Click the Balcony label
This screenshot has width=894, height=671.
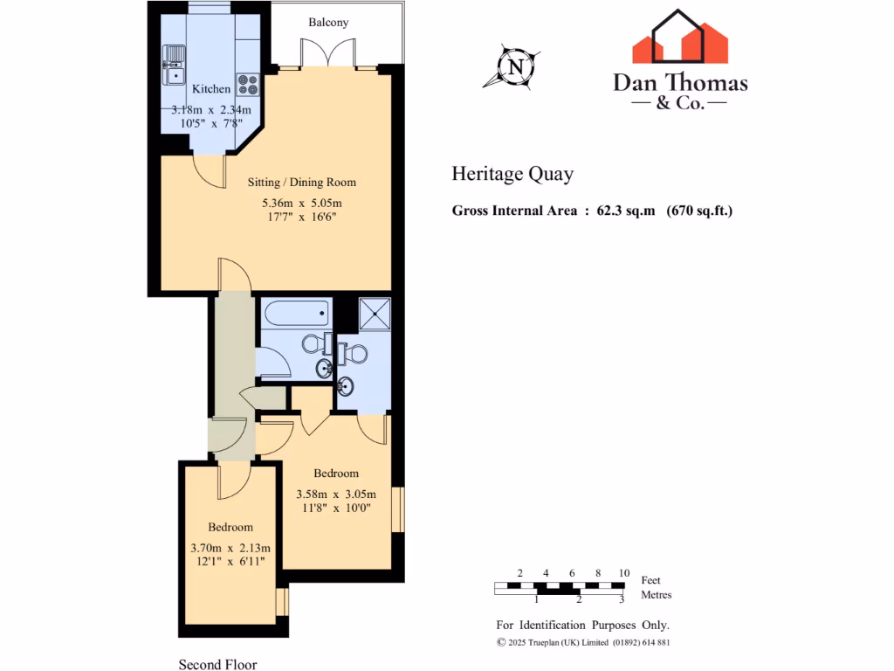[x=328, y=22]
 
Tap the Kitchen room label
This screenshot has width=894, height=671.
[x=211, y=88]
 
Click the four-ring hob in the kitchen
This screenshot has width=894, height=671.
[x=247, y=84]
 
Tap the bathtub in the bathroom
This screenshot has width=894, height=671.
[x=295, y=312]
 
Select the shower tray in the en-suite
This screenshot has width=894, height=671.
[x=375, y=312]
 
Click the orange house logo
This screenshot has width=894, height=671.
[x=680, y=38]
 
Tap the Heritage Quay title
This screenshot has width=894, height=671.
[x=512, y=174]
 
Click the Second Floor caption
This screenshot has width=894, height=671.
[x=218, y=664]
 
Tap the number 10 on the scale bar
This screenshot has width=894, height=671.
[x=623, y=573]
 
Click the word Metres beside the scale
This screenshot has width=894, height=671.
[x=657, y=595]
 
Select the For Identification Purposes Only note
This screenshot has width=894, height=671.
[x=582, y=625]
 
